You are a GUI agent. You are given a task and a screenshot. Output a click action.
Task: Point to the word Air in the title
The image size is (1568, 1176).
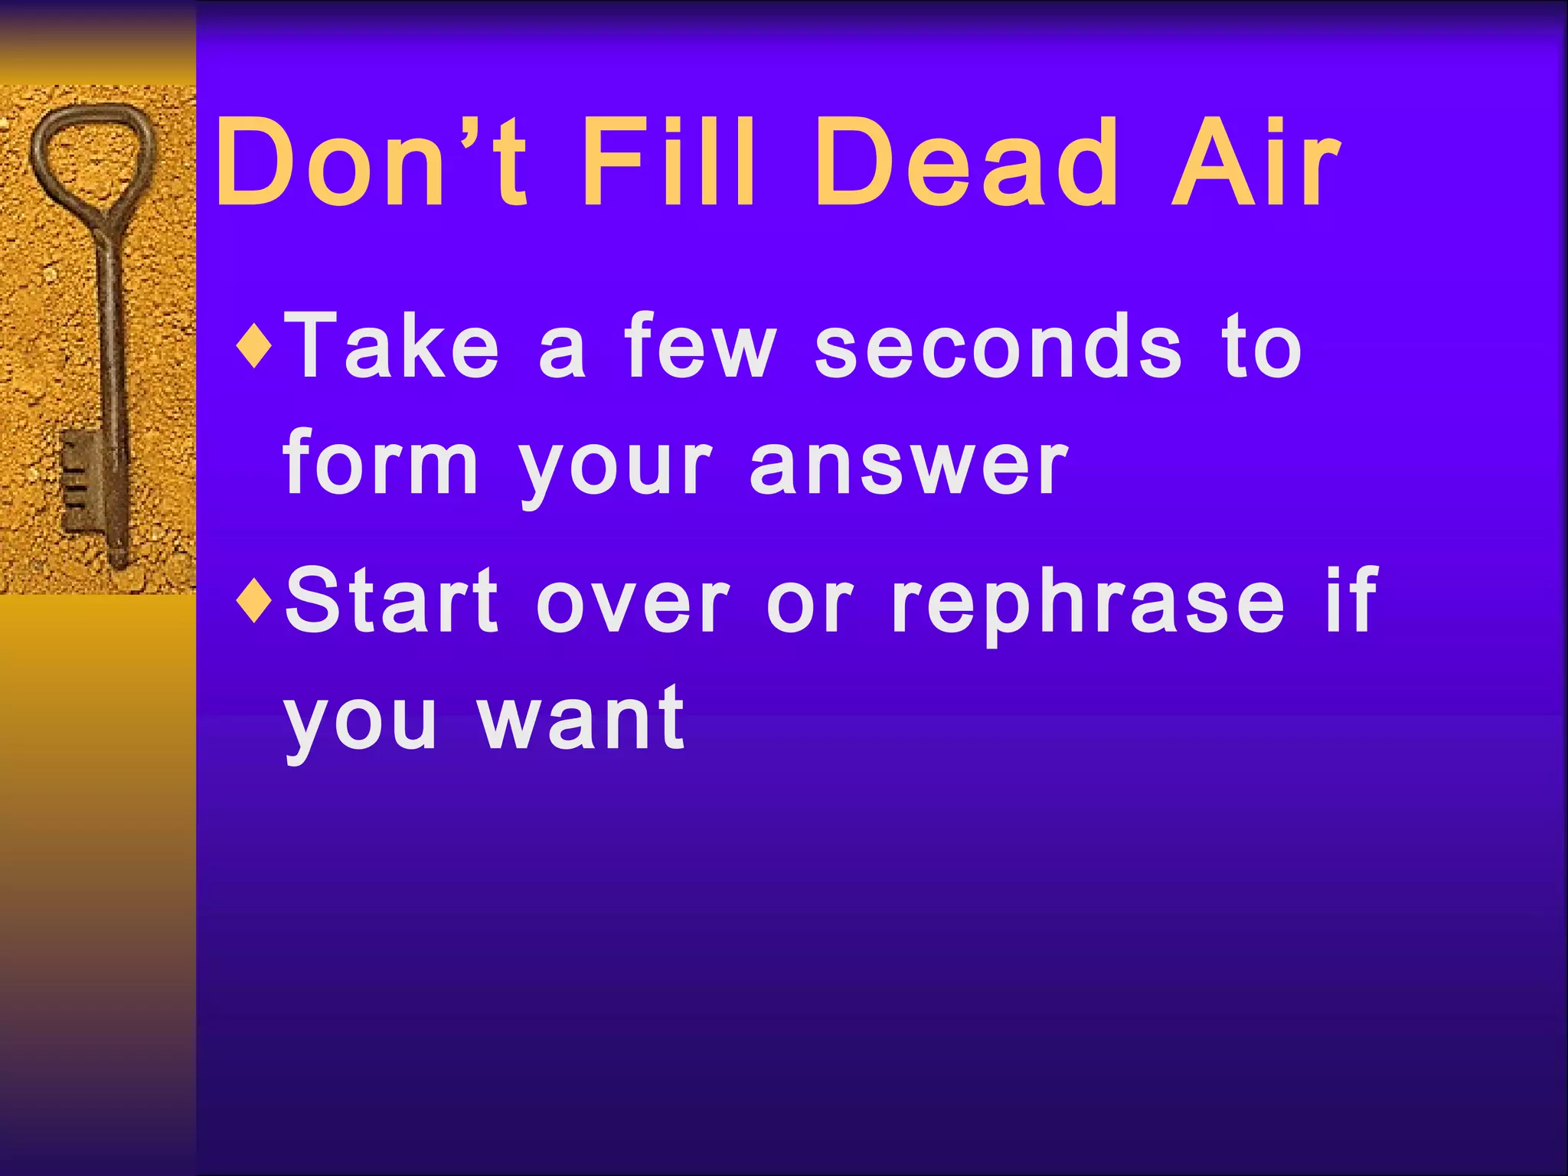(x=1255, y=162)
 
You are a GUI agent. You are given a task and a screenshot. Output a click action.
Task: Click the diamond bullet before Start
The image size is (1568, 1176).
(x=254, y=601)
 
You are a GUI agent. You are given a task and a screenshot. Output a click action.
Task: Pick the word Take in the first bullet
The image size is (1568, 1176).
(x=394, y=346)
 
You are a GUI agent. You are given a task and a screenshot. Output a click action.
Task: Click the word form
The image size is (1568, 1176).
(x=381, y=463)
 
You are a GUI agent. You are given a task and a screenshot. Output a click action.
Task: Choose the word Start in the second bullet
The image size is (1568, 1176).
(x=392, y=601)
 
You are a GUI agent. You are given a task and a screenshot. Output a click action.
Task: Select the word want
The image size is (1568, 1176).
(x=582, y=720)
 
